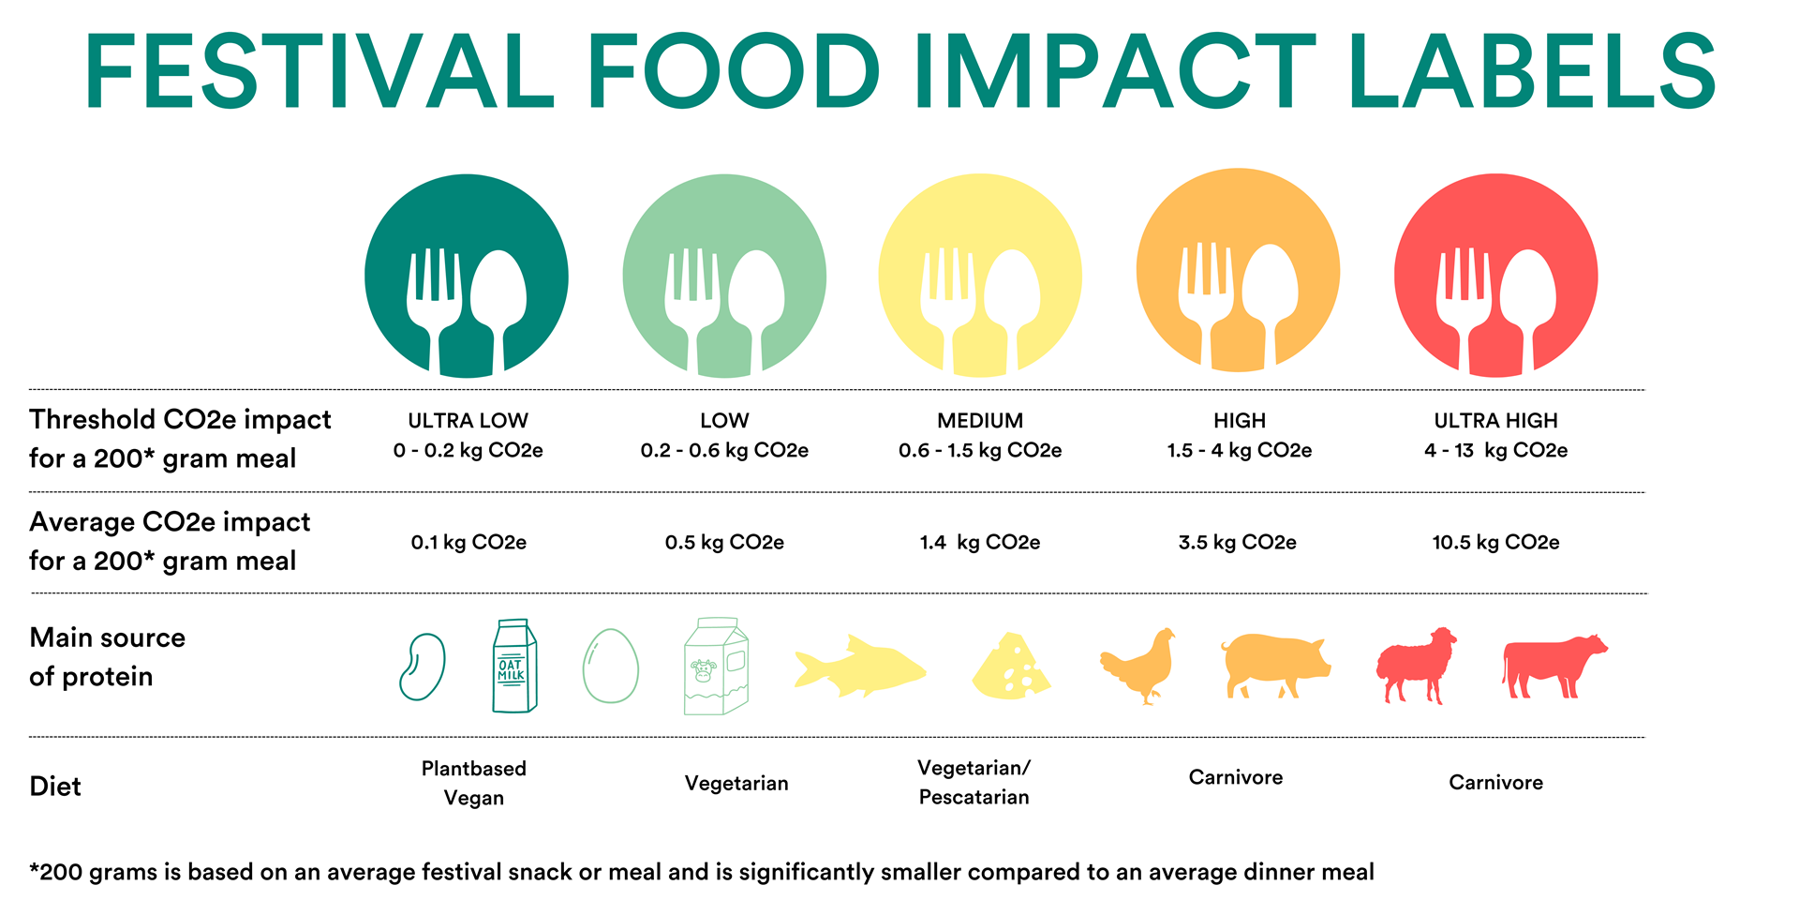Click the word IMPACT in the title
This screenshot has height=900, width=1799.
pyautogui.click(x=1115, y=71)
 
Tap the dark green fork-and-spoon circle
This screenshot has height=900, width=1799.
pyautogui.click(x=467, y=277)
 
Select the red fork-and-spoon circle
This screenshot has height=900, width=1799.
pyautogui.click(x=1495, y=275)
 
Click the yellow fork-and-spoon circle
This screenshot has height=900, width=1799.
pyautogui.click(x=980, y=276)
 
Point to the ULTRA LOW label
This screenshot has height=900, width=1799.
pyautogui.click(x=468, y=420)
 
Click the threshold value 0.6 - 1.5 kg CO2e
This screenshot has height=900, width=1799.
pyautogui.click(x=980, y=450)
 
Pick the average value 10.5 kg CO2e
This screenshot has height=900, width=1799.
pyautogui.click(x=1495, y=542)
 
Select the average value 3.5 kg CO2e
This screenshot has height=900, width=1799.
pyautogui.click(x=1237, y=542)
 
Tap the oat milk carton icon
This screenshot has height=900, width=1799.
pyautogui.click(x=514, y=667)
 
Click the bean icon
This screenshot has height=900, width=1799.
pyautogui.click(x=423, y=667)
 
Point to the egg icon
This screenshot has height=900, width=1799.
pyautogui.click(x=610, y=667)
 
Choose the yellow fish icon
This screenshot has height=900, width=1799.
pyautogui.click(x=860, y=667)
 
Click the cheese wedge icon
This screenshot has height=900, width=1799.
pyautogui.click(x=1012, y=667)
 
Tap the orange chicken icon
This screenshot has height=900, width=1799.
pyautogui.click(x=1138, y=666)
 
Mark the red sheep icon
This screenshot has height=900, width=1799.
pyautogui.click(x=1416, y=665)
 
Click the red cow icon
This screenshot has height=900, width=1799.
pyautogui.click(x=1554, y=666)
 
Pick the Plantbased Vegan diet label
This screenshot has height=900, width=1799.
pyautogui.click(x=474, y=783)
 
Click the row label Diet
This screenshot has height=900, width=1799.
pyautogui.click(x=55, y=786)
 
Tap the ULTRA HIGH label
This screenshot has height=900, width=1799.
pyautogui.click(x=1495, y=420)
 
